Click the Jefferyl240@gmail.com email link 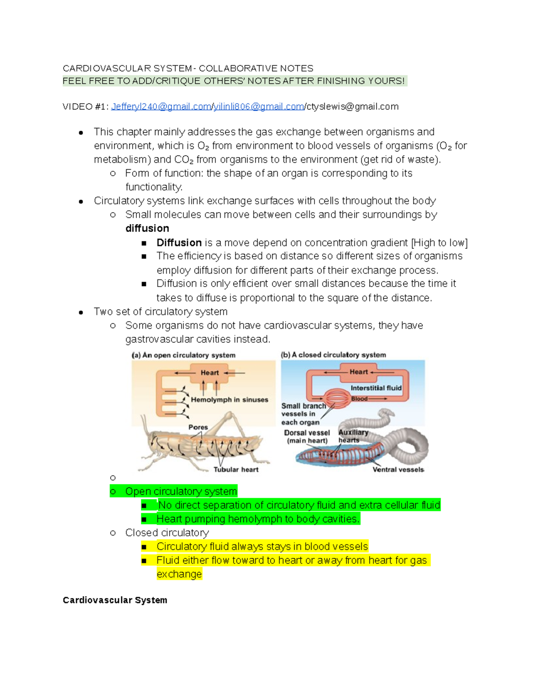(161, 107)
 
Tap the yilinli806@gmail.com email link (259, 107)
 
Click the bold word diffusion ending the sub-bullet (147, 228)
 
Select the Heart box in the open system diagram (209, 373)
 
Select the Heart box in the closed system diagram (358, 372)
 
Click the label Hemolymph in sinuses (229, 400)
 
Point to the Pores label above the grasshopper (198, 427)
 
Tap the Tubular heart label (236, 469)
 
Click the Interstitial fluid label (376, 388)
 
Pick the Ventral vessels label (398, 469)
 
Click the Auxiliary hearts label (353, 436)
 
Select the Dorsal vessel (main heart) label (307, 437)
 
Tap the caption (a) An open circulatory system (183, 355)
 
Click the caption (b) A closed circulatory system (333, 355)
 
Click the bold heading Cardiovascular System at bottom (115, 600)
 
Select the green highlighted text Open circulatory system (181, 492)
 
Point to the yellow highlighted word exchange (179, 574)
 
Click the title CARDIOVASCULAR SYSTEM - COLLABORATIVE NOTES (188, 68)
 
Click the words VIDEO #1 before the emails (85, 107)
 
